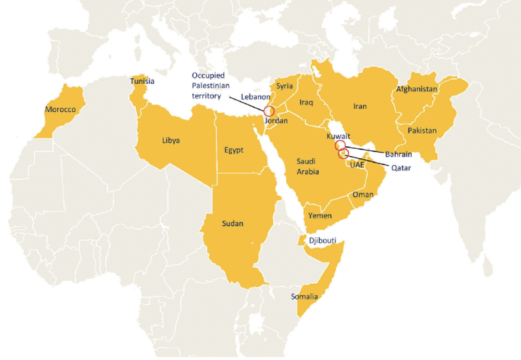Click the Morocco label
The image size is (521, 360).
(59, 109)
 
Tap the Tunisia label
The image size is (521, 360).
(142, 81)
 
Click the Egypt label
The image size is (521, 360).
(234, 150)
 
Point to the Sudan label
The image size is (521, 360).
(232, 223)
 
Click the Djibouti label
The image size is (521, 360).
(322, 240)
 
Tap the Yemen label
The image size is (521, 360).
(320, 216)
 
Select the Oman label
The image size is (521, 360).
(363, 195)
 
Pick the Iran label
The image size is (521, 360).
(360, 106)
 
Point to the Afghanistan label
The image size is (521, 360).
(416, 89)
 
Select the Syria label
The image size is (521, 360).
(284, 86)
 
